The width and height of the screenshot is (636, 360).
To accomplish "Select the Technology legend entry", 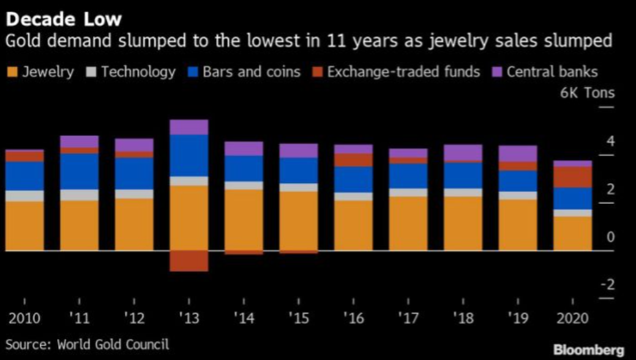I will coord(131,72).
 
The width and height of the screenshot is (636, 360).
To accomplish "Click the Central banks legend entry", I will coord(545,72).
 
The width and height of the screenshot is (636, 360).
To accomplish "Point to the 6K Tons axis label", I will coord(587,94).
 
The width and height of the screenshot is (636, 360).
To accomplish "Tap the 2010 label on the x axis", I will coord(24,319).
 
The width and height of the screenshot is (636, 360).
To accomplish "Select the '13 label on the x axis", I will coord(189,319).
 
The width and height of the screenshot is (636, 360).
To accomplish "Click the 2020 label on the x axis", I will coord(572,319).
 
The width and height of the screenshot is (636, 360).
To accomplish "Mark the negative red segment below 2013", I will coord(189,261).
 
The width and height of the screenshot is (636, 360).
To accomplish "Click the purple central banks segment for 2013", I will coord(189,127).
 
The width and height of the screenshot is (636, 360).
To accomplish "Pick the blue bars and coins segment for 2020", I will coord(572,198).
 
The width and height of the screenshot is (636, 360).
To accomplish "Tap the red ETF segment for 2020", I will coord(572,177).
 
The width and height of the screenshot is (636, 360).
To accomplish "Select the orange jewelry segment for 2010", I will coord(24,226).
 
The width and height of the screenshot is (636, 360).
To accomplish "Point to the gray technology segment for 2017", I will coord(408,192).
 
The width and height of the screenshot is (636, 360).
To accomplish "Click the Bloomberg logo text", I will coord(588,350).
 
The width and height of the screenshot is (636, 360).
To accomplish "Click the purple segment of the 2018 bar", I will coord(462,152).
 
